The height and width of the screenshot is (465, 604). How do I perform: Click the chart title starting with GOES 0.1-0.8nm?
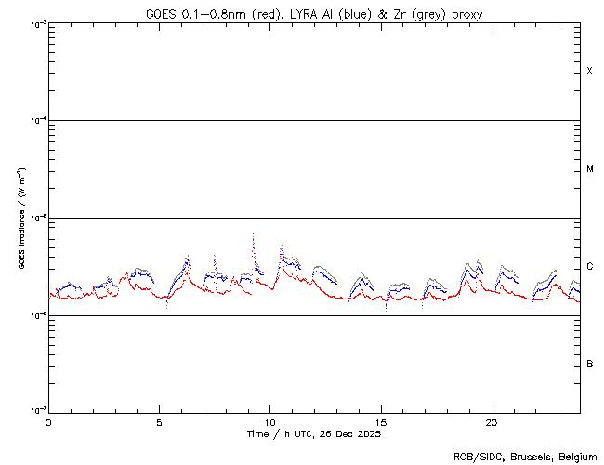pos(314,14)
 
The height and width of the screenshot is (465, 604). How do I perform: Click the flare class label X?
pos(589,72)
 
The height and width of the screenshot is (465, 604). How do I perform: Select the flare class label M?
pos(589,169)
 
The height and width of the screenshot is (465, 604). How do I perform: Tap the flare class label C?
pos(589,267)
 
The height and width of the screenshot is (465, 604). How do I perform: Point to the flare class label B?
pos(589,364)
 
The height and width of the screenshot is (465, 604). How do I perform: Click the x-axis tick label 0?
pos(48,421)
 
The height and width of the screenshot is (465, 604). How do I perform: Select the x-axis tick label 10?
pos(269,421)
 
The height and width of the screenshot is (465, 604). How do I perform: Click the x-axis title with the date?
pos(314,434)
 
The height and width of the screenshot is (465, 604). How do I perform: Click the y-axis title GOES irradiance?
pos(20,219)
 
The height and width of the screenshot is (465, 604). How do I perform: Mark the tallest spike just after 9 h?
pos(253,235)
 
